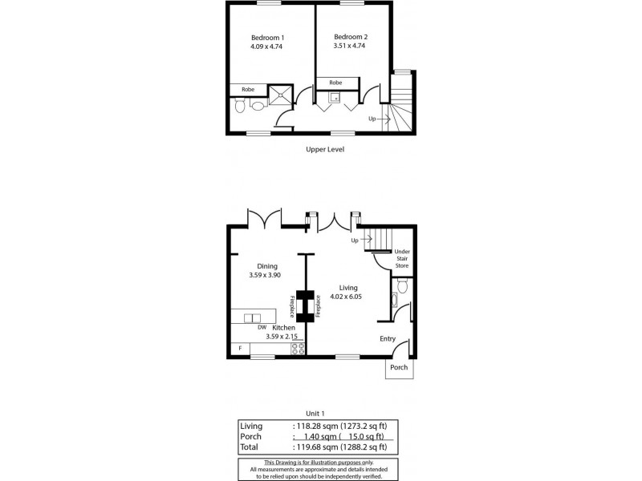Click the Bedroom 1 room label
point(267,38)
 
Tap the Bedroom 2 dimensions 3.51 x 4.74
point(350,46)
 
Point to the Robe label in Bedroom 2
point(335,82)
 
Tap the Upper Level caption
point(325,149)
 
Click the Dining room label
point(266,266)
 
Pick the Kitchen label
point(283,328)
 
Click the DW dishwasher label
point(262,328)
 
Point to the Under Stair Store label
point(401,258)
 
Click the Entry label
point(388,338)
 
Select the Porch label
point(399,367)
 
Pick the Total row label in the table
point(250,447)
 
